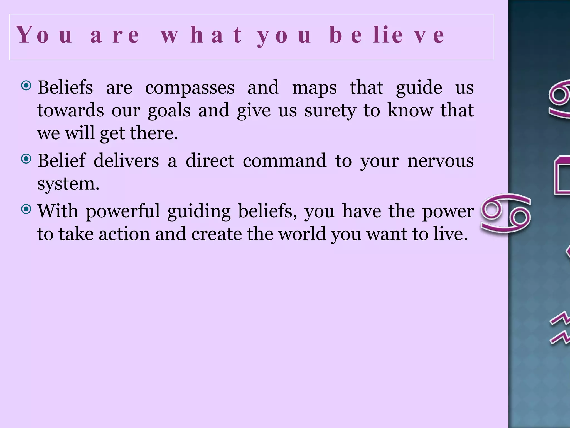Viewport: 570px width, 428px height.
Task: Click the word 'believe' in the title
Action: point(387,35)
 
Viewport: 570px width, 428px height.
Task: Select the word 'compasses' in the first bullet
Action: point(190,87)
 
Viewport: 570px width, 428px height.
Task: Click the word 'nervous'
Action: point(440,161)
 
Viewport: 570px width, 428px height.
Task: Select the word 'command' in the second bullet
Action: point(284,161)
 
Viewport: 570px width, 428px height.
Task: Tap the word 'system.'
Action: point(68,184)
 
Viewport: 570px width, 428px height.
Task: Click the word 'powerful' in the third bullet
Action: point(123,211)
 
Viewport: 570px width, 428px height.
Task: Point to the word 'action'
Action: point(124,234)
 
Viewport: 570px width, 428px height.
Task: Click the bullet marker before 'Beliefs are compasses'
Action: point(26,86)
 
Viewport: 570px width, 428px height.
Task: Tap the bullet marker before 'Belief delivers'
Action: point(26,159)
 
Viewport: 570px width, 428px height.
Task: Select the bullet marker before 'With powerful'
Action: point(26,209)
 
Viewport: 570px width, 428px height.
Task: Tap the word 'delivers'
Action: point(126,161)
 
